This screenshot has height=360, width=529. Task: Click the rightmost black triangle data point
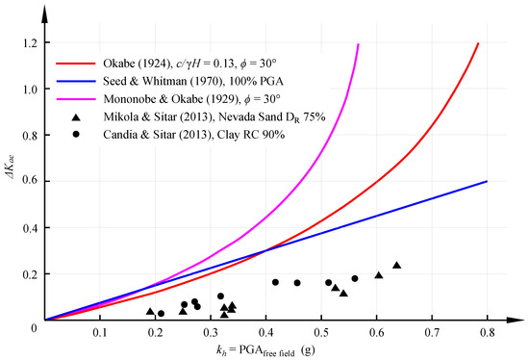[396, 265]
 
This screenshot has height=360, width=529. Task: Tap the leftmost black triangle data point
[150, 311]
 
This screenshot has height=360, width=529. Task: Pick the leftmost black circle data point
[161, 313]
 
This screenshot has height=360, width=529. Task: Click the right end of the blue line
[488, 181]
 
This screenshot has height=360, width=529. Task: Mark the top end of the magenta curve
[358, 44]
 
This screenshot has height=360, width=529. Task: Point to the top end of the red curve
[478, 44]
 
